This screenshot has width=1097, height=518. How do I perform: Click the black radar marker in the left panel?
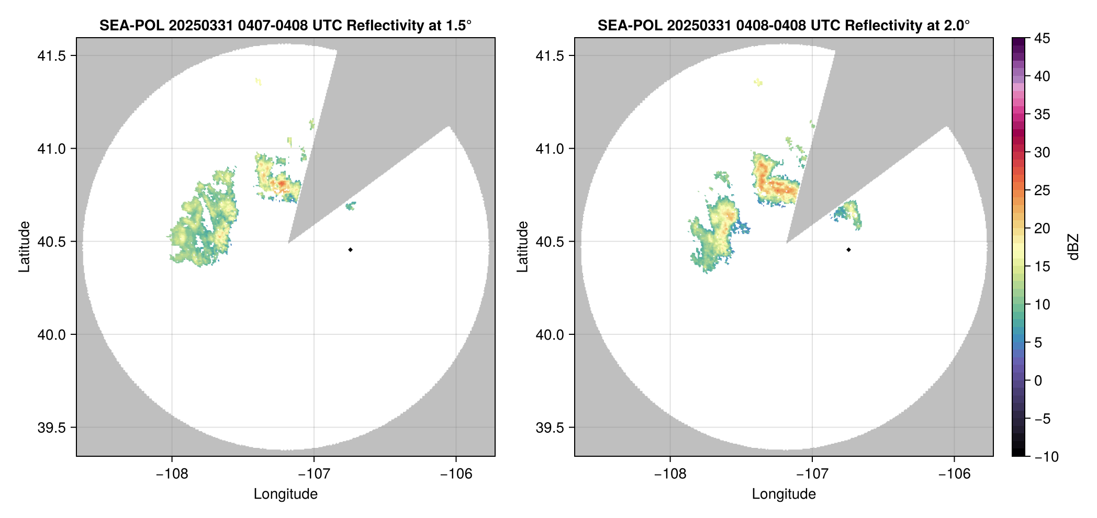click(x=350, y=250)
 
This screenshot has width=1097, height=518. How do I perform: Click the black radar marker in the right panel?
click(x=848, y=250)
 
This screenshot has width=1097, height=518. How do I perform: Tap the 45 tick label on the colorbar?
click(x=1042, y=38)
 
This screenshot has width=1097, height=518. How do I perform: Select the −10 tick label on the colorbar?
click(x=1046, y=457)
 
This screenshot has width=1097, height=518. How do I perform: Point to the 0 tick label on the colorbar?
click(x=1038, y=381)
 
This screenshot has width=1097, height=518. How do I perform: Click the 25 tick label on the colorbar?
click(x=1042, y=190)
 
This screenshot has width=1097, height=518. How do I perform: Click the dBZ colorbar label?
click(x=1073, y=247)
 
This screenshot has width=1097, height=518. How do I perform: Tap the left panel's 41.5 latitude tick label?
click(x=51, y=56)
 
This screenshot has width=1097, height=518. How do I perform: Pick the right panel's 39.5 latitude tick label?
click(x=550, y=427)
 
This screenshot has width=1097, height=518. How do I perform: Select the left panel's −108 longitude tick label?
click(x=172, y=474)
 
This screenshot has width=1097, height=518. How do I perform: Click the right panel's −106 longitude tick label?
click(x=955, y=474)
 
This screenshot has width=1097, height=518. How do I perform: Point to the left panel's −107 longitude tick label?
click(x=314, y=474)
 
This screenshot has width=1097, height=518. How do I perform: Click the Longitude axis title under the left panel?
click(x=286, y=494)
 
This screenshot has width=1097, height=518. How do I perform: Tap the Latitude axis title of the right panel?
click(x=522, y=247)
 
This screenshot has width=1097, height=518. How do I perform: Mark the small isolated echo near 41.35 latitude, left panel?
click(x=258, y=81)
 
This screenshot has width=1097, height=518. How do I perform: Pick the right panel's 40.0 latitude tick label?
click(x=550, y=335)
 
